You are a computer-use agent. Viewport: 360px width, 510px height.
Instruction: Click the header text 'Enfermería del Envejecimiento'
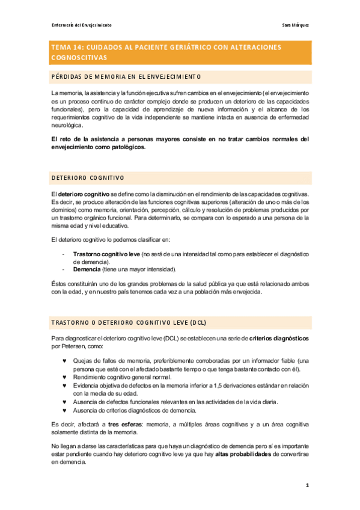click(x=81, y=25)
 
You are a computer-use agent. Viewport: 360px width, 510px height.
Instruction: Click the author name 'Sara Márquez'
click(x=296, y=25)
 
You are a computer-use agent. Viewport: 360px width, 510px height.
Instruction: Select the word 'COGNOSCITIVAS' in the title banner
click(x=79, y=58)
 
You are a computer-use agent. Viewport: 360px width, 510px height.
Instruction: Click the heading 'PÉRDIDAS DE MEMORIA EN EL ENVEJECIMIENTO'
click(x=126, y=76)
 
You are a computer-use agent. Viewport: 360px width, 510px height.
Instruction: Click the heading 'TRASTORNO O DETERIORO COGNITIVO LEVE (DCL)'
click(x=129, y=322)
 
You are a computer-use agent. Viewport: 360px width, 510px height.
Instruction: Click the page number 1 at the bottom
click(x=307, y=484)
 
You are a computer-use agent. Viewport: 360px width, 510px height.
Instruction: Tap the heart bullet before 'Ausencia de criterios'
click(x=64, y=410)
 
